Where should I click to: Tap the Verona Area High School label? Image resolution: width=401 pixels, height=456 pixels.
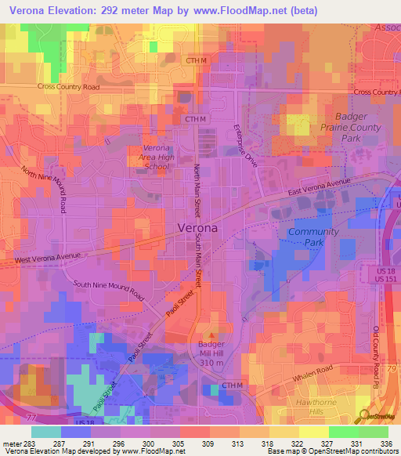point(157,157)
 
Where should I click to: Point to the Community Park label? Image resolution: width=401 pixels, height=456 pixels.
point(313,238)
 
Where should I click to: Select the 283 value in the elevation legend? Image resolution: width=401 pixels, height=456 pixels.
point(25,443)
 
